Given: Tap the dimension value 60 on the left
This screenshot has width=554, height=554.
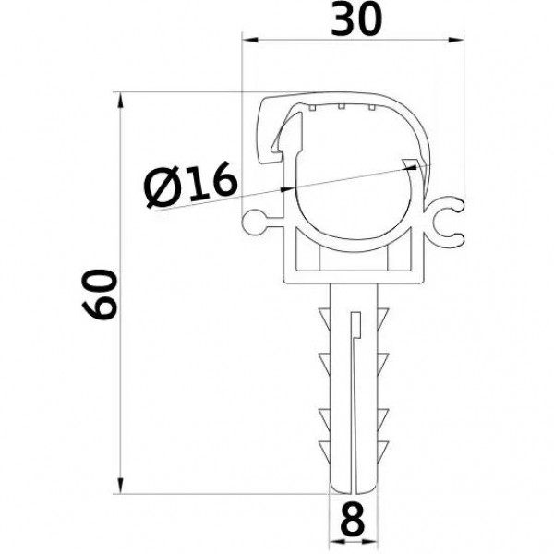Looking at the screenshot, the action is tap(100, 295).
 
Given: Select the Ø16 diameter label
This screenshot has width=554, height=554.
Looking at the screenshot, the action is tap(191, 185).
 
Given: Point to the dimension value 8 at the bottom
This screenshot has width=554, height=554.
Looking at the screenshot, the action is tap(353, 519).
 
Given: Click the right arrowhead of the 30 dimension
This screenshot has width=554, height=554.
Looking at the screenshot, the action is tap(456, 40).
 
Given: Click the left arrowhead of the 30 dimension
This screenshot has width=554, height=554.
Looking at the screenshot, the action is tap(250, 40).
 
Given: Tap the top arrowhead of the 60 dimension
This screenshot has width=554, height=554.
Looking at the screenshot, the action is tap(120, 100).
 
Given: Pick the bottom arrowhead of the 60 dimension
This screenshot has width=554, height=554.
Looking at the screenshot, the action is tap(120, 486).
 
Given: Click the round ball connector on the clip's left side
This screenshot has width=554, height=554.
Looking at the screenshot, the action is tap(254, 222).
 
